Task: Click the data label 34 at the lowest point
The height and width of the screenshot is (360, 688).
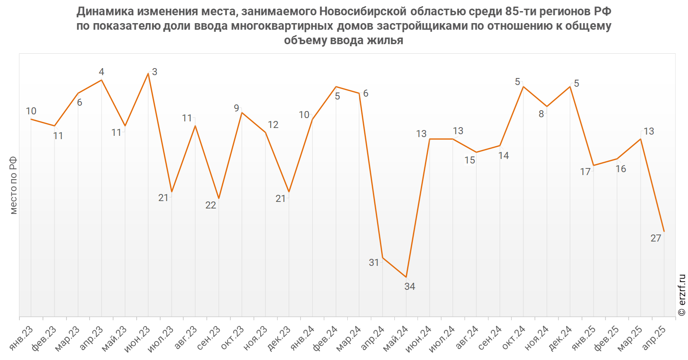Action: coord(410,287)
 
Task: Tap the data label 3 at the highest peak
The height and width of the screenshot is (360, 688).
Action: coord(154,72)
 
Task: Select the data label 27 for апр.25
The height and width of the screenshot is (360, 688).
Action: coord(656,238)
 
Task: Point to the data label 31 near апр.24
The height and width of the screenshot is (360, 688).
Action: coord(374,263)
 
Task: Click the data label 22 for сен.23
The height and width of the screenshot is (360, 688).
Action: coord(211,205)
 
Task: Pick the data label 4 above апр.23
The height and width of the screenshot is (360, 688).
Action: coord(102,72)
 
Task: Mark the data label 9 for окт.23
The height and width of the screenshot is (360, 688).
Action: coord(237,108)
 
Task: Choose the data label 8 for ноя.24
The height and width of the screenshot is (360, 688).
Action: coord(541,114)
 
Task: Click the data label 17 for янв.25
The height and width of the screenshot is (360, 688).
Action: coord(585,172)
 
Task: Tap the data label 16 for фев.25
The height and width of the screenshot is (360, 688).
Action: coord(621,169)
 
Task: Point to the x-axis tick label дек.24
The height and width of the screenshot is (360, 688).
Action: coord(561,338)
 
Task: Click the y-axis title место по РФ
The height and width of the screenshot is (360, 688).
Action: coord(13,185)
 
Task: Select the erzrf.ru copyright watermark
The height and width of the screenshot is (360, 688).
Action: coord(682,295)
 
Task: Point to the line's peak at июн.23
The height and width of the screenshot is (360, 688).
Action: coord(148,73)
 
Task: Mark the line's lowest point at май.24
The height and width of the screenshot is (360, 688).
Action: coord(406,277)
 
